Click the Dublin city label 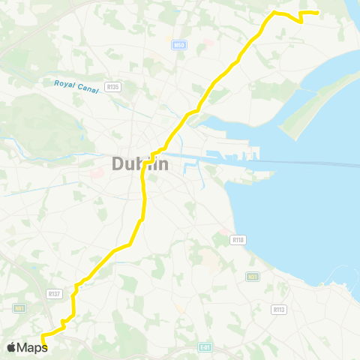pos(141,163)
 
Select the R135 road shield pos(115,87)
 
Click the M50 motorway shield pos(178,46)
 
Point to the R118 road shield pos(238,240)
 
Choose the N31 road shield pos(253,277)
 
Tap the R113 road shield pos(279,309)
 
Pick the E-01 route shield pos(205,347)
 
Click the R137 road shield pos(53,293)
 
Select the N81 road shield pos(19,307)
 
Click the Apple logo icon pos(12,347)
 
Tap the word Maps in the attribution pos(33,347)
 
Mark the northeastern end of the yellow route pos(319,13)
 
